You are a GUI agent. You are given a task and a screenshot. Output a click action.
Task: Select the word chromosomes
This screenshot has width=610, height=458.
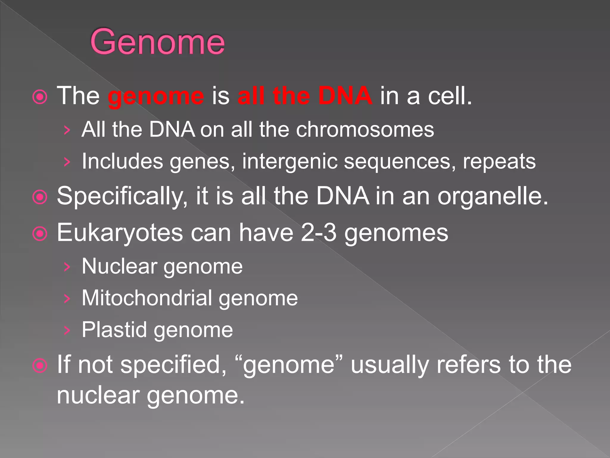point(365,130)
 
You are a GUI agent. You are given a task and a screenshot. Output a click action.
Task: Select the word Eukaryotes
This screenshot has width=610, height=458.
point(120,233)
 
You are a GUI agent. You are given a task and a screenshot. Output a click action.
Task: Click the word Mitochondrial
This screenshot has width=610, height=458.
point(147,298)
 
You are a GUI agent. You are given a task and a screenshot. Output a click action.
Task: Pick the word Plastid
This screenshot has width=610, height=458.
point(114,330)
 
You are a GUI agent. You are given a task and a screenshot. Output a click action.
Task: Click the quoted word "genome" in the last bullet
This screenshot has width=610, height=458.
point(289,365)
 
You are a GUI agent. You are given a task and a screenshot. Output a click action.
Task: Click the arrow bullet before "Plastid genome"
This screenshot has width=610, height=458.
point(67,330)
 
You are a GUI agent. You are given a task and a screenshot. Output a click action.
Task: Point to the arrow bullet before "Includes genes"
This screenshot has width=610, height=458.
point(67,162)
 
